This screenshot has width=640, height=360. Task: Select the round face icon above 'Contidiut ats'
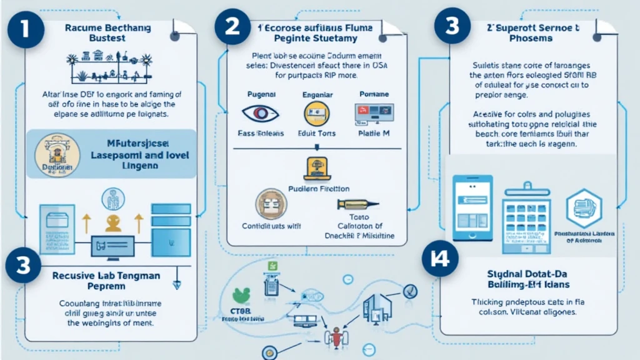pyautogui.click(x=271, y=204)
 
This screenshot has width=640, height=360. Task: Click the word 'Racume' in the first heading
pyautogui.click(x=81, y=27)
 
